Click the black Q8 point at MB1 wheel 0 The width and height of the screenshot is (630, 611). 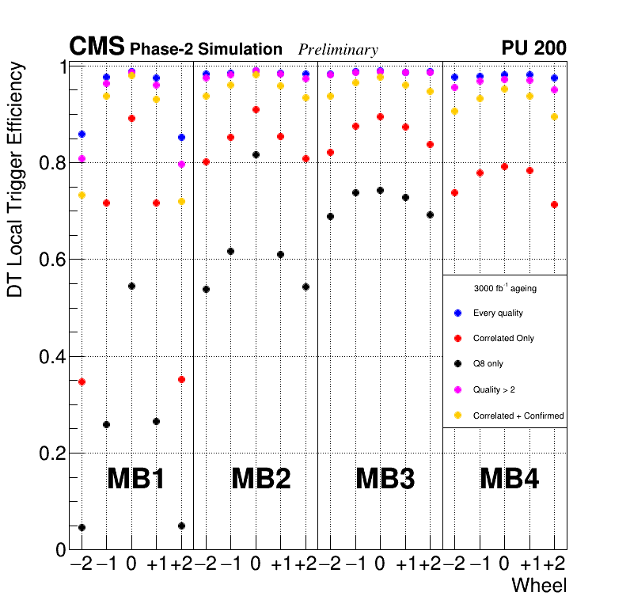click(131, 286)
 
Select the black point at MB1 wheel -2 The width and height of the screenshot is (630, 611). click(82, 527)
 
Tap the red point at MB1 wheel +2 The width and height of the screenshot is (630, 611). click(181, 379)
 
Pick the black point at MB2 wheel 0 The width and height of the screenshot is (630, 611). click(256, 154)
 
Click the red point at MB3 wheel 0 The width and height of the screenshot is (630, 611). click(380, 116)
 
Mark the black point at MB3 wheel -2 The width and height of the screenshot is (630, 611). click(330, 216)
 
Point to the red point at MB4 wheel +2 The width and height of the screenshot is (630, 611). click(554, 204)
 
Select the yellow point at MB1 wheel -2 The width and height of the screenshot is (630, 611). click(82, 195)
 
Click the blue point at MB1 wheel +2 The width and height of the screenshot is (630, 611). click(181, 137)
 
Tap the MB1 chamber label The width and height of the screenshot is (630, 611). click(135, 479)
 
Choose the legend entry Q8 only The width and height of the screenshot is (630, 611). click(488, 364)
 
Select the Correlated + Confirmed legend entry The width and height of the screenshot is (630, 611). click(518, 416)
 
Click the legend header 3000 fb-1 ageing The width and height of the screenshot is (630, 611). click(504, 289)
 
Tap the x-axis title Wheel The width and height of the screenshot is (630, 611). click(539, 586)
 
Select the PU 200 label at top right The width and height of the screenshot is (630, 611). click(533, 48)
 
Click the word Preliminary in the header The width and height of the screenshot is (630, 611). click(338, 50)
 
